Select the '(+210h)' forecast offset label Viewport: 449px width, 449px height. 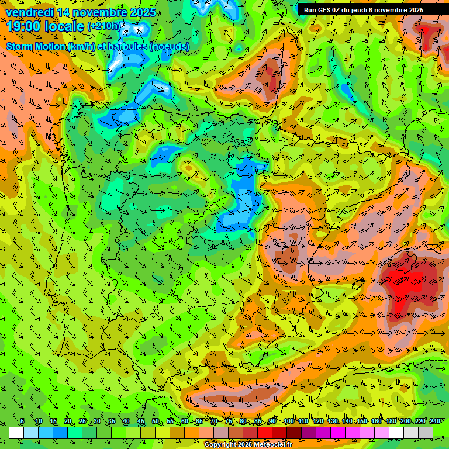pyautogui.click(x=105, y=26)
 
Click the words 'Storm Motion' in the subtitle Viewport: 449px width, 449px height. pyautogui.click(x=36, y=46)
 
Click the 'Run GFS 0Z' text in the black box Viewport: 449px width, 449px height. pyautogui.click(x=326, y=10)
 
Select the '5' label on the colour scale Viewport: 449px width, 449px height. pyautogui.click(x=22, y=422)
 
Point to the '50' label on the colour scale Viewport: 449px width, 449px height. pyautogui.click(x=155, y=422)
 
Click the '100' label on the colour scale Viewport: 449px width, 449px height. pyautogui.click(x=289, y=422)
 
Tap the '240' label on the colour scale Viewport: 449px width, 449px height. pyautogui.click(x=434, y=422)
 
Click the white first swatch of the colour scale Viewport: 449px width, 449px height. pyautogui.click(x=16, y=433)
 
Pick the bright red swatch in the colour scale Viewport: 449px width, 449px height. pyautogui.click(x=265, y=433)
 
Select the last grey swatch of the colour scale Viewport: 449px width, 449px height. pyautogui.click(x=426, y=433)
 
